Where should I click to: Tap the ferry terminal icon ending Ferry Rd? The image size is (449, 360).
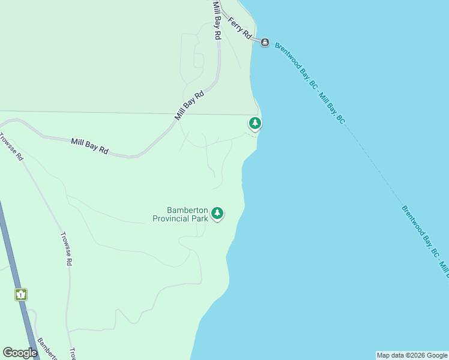pos(265,41)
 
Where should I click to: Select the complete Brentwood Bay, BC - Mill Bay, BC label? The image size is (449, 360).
pos(310,83)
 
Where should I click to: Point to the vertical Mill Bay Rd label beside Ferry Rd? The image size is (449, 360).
pos(216,19)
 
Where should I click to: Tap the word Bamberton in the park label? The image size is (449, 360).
pos(187,211)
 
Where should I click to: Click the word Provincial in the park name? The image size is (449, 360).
pos(171,219)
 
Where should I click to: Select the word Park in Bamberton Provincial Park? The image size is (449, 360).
pos(200,219)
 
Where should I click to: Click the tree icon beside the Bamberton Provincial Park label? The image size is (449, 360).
pos(217,213)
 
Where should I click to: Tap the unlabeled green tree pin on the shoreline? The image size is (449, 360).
pos(255,124)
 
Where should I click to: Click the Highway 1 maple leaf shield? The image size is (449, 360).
pos(22,295)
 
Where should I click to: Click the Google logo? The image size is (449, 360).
pos(20,353)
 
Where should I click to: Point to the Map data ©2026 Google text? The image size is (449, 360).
pos(412,355)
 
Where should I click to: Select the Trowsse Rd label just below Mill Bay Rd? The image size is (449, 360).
pos(11,147)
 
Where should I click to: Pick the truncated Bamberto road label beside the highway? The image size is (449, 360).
pos(47,349)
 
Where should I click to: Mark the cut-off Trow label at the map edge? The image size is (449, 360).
pos(72,354)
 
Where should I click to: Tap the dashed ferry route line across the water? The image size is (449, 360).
pos(384,174)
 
